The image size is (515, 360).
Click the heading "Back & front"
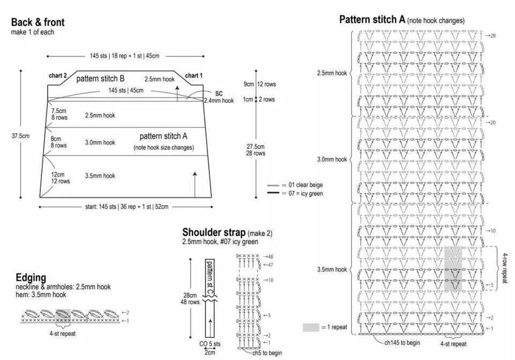pos(38,23)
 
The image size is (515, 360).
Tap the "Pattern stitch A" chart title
pos(372,20)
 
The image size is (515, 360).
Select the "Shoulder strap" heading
pos(214,232)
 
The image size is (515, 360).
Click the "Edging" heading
pos(31,277)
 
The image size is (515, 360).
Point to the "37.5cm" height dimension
pos(20,136)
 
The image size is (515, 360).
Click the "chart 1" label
pos(194,76)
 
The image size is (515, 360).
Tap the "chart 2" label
pos(58,76)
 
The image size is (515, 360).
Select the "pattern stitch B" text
pos(100,79)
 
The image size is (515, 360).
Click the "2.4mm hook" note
pos(219,100)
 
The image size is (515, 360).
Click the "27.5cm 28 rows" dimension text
pos(255,150)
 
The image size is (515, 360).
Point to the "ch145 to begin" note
pos(402,343)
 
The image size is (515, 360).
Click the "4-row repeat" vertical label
pos(505,268)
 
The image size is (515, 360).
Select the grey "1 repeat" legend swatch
pos(311,327)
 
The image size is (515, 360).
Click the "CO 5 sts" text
pos(210,344)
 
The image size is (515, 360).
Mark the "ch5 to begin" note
pos(267,353)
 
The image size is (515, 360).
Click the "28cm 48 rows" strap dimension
pos(190,299)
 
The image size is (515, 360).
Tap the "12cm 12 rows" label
pos(61,178)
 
